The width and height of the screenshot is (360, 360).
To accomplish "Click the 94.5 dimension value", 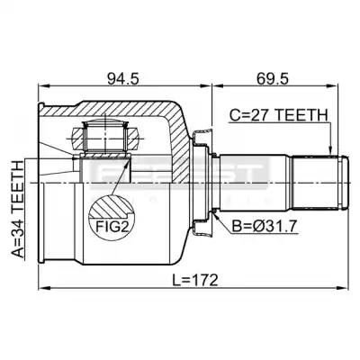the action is pos(123,79).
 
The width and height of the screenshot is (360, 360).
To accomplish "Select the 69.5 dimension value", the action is pos(273,79).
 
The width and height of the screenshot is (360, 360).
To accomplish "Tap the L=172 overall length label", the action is pos(195,280).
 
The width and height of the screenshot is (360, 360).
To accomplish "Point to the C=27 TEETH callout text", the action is pos(278,115).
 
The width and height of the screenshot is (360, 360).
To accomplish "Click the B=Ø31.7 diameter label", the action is pos(265,227).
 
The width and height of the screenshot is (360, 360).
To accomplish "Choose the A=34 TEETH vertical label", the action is pos(18,210).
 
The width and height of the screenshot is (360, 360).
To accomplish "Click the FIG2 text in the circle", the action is pos(112,227).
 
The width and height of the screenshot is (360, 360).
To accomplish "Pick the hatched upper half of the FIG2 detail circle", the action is pos(112,206).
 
